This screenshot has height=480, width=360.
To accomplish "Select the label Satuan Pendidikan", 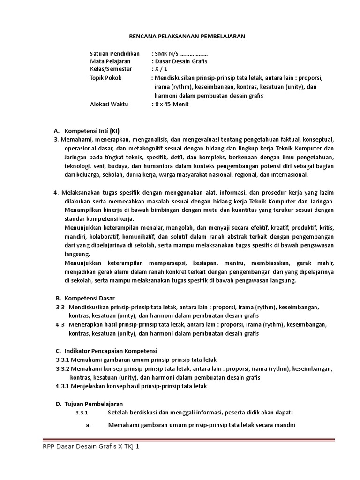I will point(115,54).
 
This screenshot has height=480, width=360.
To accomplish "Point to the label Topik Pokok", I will point(105,78).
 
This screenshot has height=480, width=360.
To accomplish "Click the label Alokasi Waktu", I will point(109,104).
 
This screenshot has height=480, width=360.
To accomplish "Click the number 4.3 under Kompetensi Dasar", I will point(60,324).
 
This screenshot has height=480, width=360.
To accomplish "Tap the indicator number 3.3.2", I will point(62,369).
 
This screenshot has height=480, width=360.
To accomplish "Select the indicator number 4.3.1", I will point(62,386).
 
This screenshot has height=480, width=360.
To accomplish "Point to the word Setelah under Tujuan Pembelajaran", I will point(118,412).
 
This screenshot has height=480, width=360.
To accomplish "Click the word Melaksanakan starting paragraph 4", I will point(80,192).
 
